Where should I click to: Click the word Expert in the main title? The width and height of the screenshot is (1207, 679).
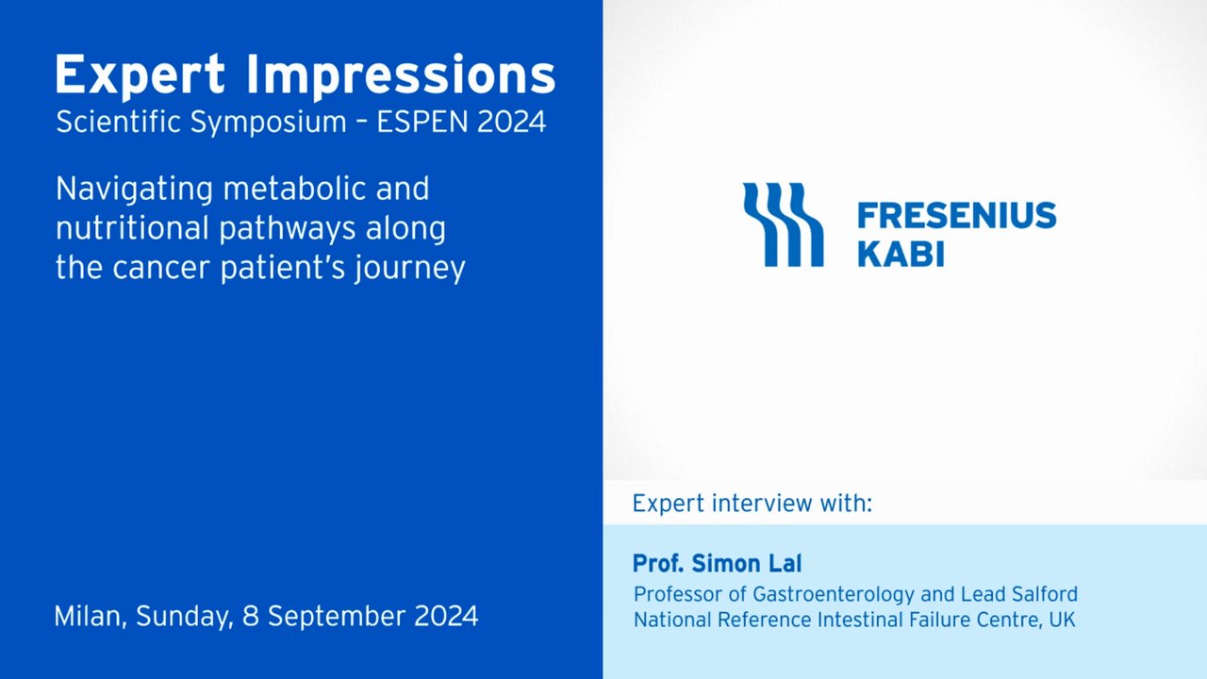point(141,76)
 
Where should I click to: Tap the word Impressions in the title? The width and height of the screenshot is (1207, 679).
point(401,76)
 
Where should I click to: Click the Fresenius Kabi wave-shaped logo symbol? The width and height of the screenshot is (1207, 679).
point(784,224)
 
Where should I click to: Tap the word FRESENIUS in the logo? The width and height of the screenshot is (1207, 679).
point(957,216)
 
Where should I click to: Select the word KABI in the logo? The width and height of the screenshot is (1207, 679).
point(901,254)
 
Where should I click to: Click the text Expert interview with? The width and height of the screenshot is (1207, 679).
point(752,504)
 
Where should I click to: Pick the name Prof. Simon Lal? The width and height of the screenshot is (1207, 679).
point(718,564)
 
